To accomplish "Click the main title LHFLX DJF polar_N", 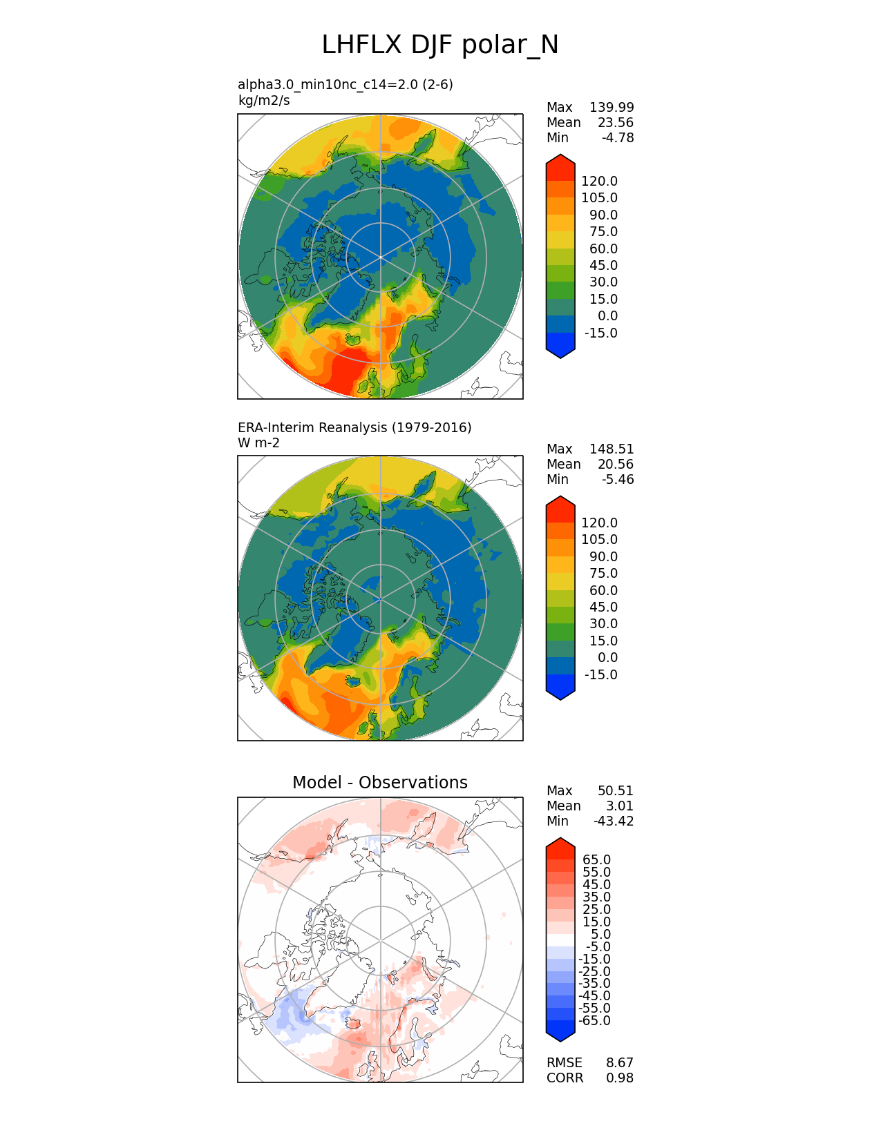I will click(x=440, y=45).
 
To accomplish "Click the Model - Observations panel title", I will click(x=379, y=782).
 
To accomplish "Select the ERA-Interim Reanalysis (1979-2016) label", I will click(x=354, y=427).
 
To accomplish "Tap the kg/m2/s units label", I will click(x=263, y=100).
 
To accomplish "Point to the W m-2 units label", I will click(x=258, y=442).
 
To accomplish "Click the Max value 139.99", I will click(x=611, y=107).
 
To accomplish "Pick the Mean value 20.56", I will click(x=615, y=464).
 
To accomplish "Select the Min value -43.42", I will click(x=613, y=821).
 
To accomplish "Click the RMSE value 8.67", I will click(x=619, y=1062).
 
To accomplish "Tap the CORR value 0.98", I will click(x=619, y=1078).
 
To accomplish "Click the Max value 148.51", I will click(x=611, y=449).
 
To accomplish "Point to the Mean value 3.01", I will click(x=619, y=806).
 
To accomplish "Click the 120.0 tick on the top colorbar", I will click(x=599, y=181).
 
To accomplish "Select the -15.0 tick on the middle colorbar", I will click(x=600, y=674).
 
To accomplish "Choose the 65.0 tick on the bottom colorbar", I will click(x=596, y=859).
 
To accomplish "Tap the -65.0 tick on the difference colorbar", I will click(x=594, y=1020).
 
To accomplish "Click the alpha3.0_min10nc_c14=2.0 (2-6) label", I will click(x=345, y=84).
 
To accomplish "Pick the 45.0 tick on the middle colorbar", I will click(x=603, y=607).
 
